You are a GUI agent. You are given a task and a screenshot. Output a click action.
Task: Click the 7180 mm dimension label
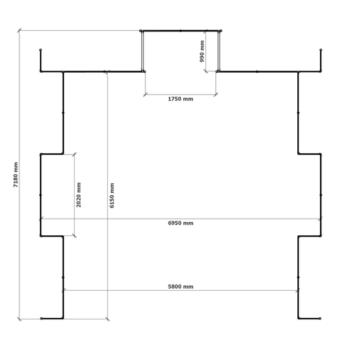click(x=15, y=175)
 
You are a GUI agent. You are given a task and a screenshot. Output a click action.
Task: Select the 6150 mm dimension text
click(x=112, y=195)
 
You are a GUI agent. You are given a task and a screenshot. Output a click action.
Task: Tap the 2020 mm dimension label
click(x=79, y=195)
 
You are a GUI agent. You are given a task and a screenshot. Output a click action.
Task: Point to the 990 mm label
click(x=202, y=51)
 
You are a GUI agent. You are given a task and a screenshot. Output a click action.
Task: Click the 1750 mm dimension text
click(x=181, y=99)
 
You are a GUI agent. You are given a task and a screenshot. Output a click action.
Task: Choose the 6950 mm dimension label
click(x=181, y=223)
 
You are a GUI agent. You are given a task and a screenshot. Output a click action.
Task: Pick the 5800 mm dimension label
click(x=181, y=287)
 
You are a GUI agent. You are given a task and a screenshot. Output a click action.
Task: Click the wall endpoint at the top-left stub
click(x=41, y=50)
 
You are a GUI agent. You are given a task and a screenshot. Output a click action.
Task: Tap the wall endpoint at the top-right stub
click(x=321, y=50)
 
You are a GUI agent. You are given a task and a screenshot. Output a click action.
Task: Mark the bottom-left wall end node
click(x=41, y=319)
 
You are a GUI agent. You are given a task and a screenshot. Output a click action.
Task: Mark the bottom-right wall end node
click(x=320, y=319)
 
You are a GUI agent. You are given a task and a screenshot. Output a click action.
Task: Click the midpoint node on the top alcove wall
click(x=181, y=31)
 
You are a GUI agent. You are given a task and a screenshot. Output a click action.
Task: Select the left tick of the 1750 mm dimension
click(x=145, y=95)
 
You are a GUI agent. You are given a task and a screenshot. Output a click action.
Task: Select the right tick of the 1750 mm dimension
click(x=215, y=95)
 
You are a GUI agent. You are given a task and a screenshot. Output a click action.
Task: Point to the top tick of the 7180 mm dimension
click(x=19, y=31)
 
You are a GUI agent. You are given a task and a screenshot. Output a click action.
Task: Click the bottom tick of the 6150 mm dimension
click(x=107, y=319)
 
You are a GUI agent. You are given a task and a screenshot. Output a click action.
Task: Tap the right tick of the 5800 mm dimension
click(x=298, y=291)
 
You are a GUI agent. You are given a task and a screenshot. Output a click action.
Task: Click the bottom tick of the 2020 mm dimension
click(x=74, y=235)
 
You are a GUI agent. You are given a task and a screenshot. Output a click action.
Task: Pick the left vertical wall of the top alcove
click(x=143, y=51)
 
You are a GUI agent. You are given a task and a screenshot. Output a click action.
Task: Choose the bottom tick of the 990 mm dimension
click(x=206, y=71)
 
